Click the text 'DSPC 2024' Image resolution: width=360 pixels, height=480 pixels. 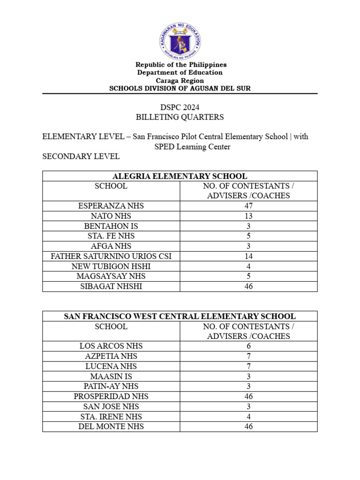180,107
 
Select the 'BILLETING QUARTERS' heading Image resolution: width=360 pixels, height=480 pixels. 180,117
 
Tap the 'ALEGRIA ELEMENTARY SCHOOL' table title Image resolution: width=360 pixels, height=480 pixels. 180,176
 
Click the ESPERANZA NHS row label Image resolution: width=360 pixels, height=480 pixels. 111,206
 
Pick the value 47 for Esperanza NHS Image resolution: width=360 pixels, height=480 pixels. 248,206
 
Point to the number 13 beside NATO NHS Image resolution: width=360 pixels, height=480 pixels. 248,216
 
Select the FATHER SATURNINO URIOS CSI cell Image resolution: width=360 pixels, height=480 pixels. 111,256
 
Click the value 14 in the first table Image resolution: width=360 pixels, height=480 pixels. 248,256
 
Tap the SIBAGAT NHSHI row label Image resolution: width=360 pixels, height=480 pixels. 111,286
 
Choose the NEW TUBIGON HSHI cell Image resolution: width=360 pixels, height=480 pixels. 111,266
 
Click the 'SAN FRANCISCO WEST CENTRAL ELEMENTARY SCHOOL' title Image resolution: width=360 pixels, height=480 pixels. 180,316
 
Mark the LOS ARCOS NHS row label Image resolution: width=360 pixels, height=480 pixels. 111,346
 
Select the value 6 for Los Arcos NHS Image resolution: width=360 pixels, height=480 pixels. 248,346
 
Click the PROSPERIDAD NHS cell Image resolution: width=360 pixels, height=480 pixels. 111,396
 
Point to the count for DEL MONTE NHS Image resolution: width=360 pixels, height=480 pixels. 248,427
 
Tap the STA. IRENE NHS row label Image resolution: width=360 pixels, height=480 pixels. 111,416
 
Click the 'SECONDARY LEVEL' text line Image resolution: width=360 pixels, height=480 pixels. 81,157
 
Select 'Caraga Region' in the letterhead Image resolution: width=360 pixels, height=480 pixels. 180,81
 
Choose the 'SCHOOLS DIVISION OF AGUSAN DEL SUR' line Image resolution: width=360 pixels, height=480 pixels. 180,89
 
